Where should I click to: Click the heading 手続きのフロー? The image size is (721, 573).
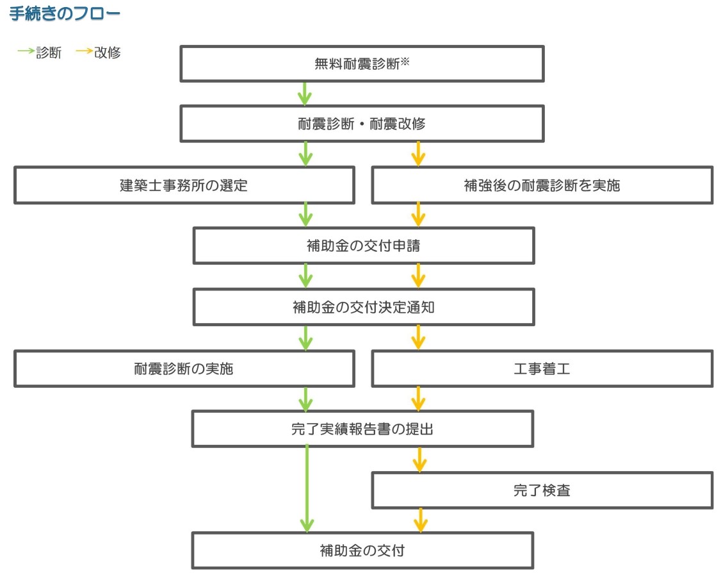pyautogui.click(x=65, y=15)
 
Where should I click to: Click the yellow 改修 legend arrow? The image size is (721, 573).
pyautogui.click(x=84, y=53)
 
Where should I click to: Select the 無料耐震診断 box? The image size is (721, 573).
pyautogui.click(x=362, y=63)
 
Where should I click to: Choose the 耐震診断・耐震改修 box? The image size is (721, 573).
pyautogui.click(x=362, y=124)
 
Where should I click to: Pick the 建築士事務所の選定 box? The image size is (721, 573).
pyautogui.click(x=184, y=185)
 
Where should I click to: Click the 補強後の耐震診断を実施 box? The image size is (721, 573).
pyautogui.click(x=542, y=185)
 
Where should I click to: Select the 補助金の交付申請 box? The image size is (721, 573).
pyautogui.click(x=363, y=245)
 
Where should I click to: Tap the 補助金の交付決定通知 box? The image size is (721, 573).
pyautogui.click(x=363, y=306)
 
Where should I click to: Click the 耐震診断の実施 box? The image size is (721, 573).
pyautogui.click(x=184, y=369)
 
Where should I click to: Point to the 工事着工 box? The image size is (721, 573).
pyautogui.click(x=542, y=369)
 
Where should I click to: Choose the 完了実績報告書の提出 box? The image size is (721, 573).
pyautogui.click(x=362, y=429)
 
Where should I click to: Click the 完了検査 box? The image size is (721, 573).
pyautogui.click(x=542, y=491)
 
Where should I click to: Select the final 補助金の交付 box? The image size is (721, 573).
pyautogui.click(x=362, y=550)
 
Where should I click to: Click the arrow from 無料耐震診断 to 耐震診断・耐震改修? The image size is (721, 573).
pyautogui.click(x=305, y=94)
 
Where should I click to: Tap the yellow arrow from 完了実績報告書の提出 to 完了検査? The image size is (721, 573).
pyautogui.click(x=419, y=460)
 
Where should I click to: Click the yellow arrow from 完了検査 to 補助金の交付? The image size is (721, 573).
pyautogui.click(x=420, y=520)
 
